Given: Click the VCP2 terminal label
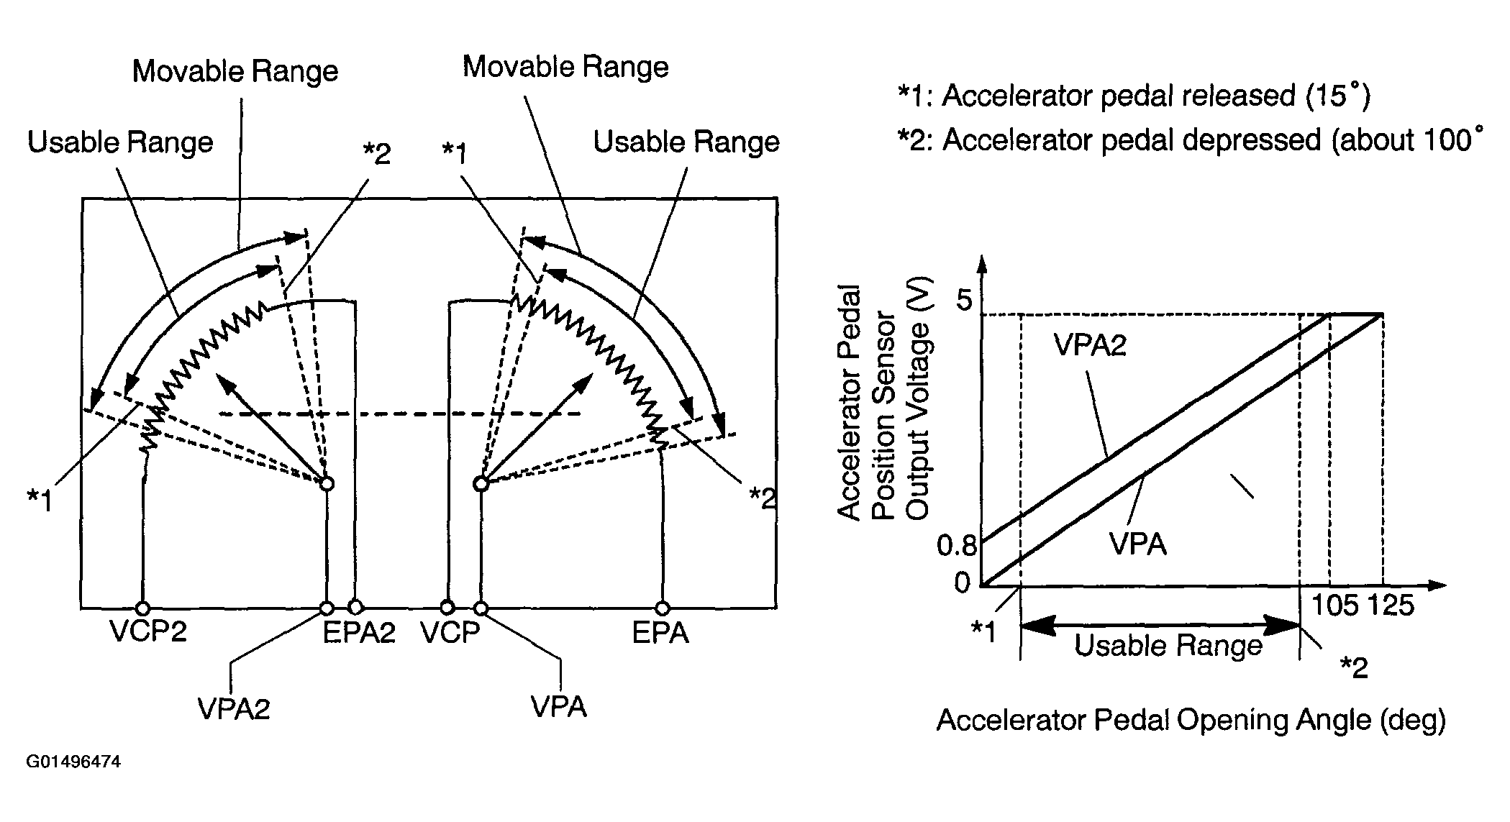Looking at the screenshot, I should [x=148, y=632].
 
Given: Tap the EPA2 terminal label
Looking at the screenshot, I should [x=359, y=633].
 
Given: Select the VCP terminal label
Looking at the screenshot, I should [x=450, y=633].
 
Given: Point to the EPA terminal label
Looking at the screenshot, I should [x=660, y=633].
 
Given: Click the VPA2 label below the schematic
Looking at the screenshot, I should [x=234, y=709].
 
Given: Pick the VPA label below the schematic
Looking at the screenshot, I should [x=559, y=707].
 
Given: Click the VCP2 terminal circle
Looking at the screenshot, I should [x=143, y=608].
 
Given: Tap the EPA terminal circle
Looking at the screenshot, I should [x=661, y=608].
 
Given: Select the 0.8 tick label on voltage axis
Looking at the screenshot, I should [x=957, y=546].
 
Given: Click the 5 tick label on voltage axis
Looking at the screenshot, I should [x=964, y=300].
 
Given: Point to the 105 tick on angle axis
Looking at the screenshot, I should [x=1335, y=606].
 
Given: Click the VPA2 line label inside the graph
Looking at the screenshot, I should [x=1090, y=346].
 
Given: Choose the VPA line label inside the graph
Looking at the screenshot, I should [x=1137, y=544].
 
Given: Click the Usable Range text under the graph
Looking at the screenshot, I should [x=1168, y=645].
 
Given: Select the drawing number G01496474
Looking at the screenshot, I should [x=73, y=762].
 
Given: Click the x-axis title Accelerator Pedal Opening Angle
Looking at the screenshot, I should [x=1191, y=720].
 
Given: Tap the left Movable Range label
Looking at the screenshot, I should [x=235, y=71].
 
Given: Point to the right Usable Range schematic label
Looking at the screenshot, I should [x=686, y=142].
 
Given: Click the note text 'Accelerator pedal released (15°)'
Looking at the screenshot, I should [x=1155, y=95].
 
